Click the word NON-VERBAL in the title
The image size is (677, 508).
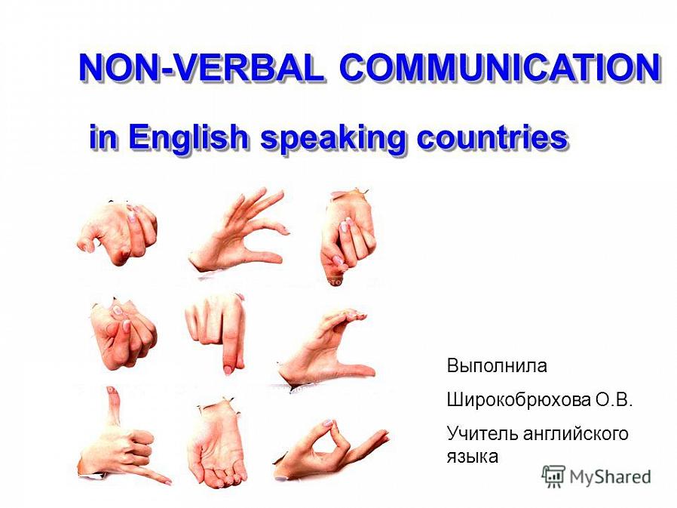pyautogui.click(x=201, y=68)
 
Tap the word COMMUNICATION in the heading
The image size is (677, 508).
pyautogui.click(x=500, y=68)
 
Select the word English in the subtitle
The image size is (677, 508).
pyautogui.click(x=188, y=138)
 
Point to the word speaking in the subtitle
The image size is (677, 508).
pyautogui.click(x=333, y=138)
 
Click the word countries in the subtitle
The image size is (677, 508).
pyautogui.click(x=492, y=137)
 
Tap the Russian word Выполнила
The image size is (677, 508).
pyautogui.click(x=497, y=366)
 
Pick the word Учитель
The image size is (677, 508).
pyautogui.click(x=482, y=433)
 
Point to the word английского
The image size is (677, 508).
pyautogui.click(x=575, y=433)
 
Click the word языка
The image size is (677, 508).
pyautogui.click(x=473, y=457)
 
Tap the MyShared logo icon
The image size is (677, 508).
pyautogui.click(x=553, y=476)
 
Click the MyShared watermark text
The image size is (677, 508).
pyautogui.click(x=610, y=477)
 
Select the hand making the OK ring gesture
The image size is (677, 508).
pyautogui.click(x=331, y=450)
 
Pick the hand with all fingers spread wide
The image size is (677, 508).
pyautogui.click(x=239, y=231)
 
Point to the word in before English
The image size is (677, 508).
pyautogui.click(x=103, y=137)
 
